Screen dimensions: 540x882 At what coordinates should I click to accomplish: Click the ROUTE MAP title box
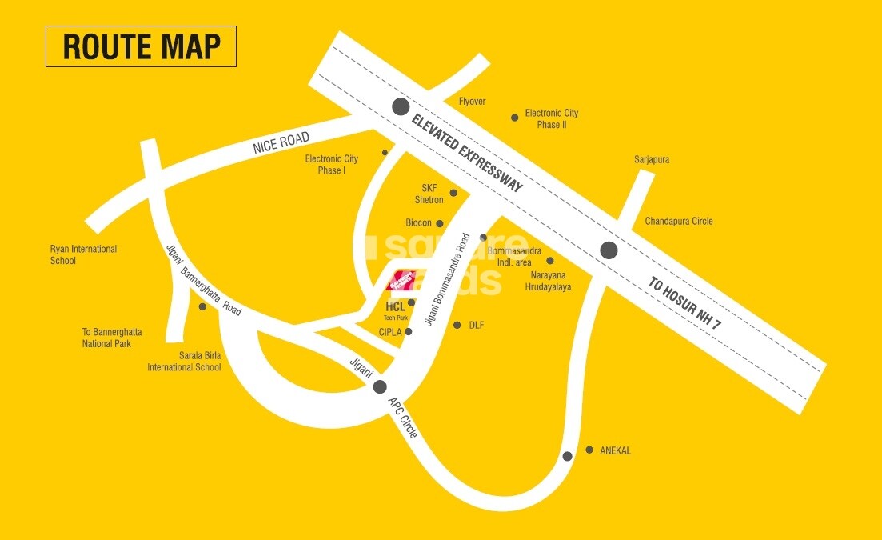coord(141,46)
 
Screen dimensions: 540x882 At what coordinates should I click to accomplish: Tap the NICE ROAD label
coord(281,144)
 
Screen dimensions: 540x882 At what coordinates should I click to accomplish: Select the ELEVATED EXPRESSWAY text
coord(466,153)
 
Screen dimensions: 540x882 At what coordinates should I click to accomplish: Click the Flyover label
coord(472,102)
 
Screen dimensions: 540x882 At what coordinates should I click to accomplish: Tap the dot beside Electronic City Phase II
coord(515,118)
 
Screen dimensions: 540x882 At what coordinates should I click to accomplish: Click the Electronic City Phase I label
coord(332,165)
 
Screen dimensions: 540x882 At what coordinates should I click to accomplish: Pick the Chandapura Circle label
coord(679,221)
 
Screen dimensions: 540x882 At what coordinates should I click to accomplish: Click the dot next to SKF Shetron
coord(453,193)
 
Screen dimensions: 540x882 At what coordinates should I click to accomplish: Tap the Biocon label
coord(418,223)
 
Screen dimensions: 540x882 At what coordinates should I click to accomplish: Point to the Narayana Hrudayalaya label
coord(550,281)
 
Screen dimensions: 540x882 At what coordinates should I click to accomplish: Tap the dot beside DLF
coord(457,325)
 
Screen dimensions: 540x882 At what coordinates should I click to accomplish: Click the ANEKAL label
coord(615,451)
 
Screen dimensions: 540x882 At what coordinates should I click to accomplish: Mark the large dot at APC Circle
coord(381,387)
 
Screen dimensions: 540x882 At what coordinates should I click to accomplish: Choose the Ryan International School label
coord(83,255)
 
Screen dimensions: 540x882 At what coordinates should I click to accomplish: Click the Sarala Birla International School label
coord(184,362)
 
